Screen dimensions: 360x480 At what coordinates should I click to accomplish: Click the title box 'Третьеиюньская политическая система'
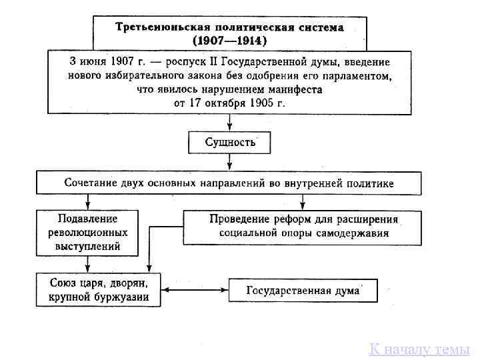pyautogui.click(x=229, y=28)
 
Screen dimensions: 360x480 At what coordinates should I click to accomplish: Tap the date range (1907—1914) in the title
pyautogui.click(x=229, y=40)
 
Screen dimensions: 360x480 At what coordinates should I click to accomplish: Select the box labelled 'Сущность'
pyautogui.click(x=229, y=142)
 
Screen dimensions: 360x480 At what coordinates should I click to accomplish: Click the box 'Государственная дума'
pyautogui.click(x=303, y=291)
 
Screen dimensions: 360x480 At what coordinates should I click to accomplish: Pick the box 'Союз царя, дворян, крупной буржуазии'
pyautogui.click(x=98, y=289)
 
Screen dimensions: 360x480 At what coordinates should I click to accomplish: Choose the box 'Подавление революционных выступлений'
pyautogui.click(x=87, y=233)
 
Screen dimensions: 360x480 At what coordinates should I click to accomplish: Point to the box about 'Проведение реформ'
pyautogui.click(x=303, y=227)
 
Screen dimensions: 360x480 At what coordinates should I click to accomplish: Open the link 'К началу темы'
pyautogui.click(x=420, y=349)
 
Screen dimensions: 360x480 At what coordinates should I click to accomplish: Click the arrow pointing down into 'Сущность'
pyautogui.click(x=229, y=123)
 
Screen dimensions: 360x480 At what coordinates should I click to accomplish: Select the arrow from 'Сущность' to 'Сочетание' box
pyautogui.click(x=229, y=162)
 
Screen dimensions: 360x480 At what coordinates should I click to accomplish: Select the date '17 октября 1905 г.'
pyautogui.click(x=238, y=104)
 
